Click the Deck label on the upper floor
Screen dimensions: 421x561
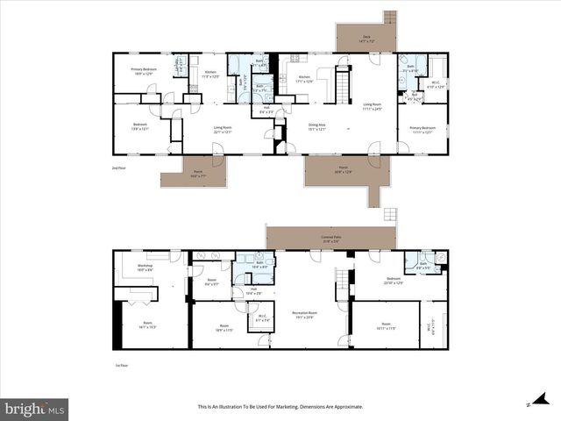coord(366,39)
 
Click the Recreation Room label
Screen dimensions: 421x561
coord(304,315)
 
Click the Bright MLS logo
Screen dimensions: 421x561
coord(34,408)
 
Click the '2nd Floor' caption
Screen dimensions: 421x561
coord(118,167)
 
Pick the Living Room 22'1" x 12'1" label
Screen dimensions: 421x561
coord(223,130)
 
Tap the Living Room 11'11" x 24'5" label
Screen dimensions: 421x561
coord(372,106)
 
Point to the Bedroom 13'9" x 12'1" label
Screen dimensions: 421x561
coord(140,127)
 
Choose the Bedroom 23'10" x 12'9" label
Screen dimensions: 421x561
coord(393,282)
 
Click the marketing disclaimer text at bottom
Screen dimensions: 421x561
coord(280,407)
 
